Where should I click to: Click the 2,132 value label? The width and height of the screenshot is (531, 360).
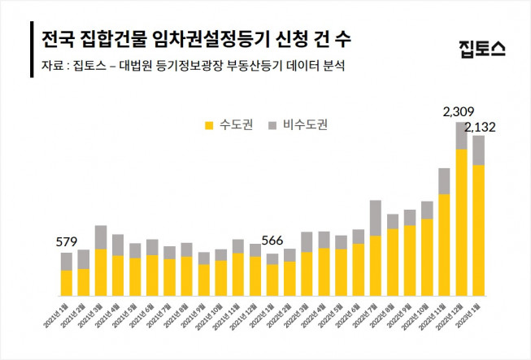point(485,127)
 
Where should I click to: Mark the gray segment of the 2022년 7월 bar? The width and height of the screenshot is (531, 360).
point(375,218)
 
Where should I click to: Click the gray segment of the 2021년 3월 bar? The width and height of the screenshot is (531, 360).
point(101,237)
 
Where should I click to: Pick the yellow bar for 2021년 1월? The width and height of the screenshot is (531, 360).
point(67,282)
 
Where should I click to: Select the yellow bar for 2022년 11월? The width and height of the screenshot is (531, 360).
point(444,245)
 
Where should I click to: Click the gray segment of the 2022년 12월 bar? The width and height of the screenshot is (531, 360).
point(461,136)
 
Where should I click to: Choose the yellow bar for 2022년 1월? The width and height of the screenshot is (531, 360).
point(272,280)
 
